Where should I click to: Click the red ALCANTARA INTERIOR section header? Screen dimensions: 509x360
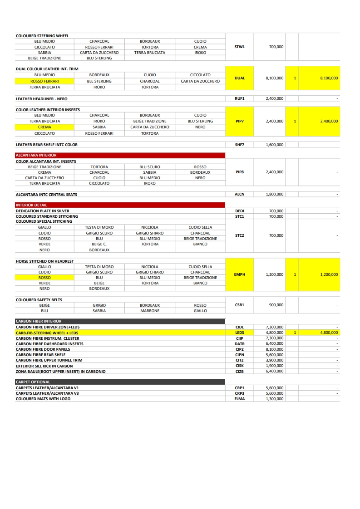pos(120,155)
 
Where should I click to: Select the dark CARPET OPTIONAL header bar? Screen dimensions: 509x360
pos(120,382)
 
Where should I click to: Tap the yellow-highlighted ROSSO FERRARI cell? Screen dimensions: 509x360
pos(44,81)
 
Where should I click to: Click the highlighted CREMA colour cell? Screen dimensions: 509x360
pos(44,127)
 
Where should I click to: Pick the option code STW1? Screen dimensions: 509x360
pos(240,47)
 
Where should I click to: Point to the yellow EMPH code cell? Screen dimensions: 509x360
pos(240,274)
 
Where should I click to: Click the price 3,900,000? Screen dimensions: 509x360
pos(275,360)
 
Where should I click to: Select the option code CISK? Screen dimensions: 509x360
pos(240,366)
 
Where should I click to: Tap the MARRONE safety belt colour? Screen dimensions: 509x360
pos(150,311)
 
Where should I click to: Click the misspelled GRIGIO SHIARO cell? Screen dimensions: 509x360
pos(150,233)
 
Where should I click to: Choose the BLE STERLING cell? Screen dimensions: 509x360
pos(99,81)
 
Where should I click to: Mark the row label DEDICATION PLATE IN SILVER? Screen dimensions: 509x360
pos(43,211)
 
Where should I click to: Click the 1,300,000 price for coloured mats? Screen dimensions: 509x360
pos(275,399)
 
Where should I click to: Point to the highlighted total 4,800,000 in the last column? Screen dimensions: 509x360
pos(329,333)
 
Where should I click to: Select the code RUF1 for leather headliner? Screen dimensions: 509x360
pos(240,98)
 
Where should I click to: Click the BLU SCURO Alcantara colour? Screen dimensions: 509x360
pos(150,167)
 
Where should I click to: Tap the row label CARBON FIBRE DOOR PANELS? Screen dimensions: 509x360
pos(43,349)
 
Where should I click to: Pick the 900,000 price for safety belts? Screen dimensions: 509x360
pos(276,305)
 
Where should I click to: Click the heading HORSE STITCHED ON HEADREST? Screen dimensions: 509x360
pos(45,261)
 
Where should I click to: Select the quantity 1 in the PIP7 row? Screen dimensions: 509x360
pos(295,121)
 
